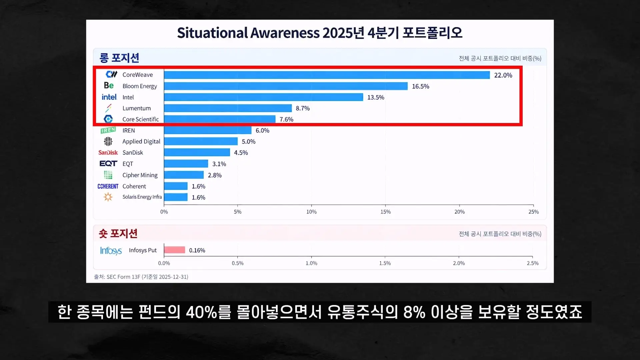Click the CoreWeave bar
tap(327, 75)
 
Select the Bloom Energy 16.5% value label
tap(420, 86)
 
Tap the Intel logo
tap(109, 97)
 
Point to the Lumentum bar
tap(228, 108)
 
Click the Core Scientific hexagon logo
tap(108, 119)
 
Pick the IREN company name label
tap(129, 131)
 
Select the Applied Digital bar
tap(201, 141)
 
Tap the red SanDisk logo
tap(108, 153)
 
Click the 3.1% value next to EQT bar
tap(219, 164)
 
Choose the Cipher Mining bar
tap(184, 175)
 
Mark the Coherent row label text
tap(134, 186)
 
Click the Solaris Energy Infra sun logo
tap(108, 197)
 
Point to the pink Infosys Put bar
tap(174, 250)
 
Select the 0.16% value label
tap(197, 250)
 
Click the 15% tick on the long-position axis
tap(385, 212)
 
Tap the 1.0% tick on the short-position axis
tap(311, 263)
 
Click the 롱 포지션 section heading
tap(119, 58)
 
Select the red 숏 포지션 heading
tap(118, 234)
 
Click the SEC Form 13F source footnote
tap(141, 277)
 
